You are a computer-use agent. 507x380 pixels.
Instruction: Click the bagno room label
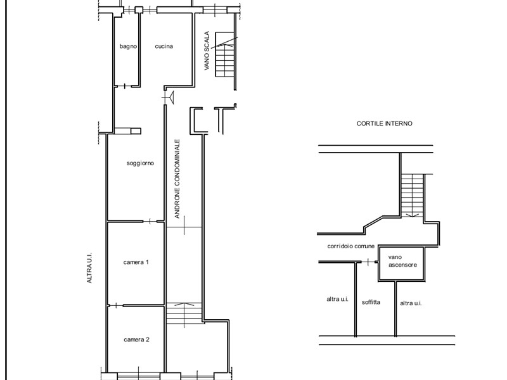pos(129,46)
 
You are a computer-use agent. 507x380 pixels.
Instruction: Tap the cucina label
pos(164,46)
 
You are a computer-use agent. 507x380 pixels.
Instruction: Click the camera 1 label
pos(136,262)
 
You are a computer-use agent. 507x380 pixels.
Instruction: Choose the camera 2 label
pos(137,340)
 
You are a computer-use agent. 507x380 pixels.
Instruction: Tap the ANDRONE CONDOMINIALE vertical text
pos(177,179)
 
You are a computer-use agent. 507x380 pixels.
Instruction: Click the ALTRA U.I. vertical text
pos(89,269)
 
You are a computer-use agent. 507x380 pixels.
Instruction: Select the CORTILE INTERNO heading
pos(385,124)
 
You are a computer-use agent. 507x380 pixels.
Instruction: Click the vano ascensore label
pos(402,261)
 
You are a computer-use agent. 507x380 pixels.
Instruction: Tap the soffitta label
pos(371,302)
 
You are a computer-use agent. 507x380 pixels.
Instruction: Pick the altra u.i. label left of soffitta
pos(338,299)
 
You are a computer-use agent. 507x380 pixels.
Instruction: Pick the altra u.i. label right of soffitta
pos(411,303)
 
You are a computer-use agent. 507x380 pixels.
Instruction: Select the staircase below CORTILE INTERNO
pos(413,195)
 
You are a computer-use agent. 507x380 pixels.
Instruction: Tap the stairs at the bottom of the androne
pos(184,313)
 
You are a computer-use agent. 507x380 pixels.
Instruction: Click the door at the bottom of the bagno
pos(125,85)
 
